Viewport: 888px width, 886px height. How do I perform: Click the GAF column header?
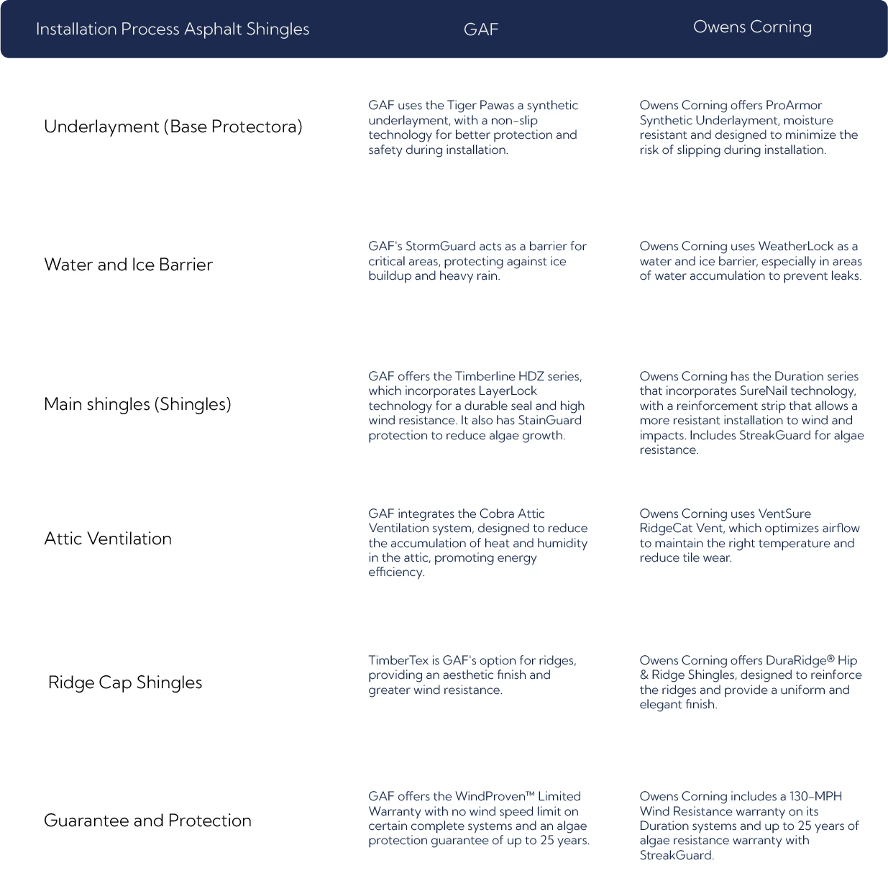[x=480, y=29]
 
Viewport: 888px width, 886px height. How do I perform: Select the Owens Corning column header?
[x=752, y=27]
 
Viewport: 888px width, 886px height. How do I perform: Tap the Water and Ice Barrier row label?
[x=128, y=265]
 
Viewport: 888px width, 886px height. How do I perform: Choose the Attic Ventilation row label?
[x=108, y=539]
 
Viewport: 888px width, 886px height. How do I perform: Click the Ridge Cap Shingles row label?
[x=125, y=682]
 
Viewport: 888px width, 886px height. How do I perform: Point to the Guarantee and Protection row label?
[x=147, y=821]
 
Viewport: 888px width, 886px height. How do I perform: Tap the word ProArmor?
[x=794, y=105]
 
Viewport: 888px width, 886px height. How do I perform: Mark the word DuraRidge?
[x=797, y=660]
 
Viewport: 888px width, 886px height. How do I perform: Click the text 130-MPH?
[x=815, y=796]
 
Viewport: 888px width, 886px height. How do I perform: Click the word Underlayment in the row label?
[x=101, y=127]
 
